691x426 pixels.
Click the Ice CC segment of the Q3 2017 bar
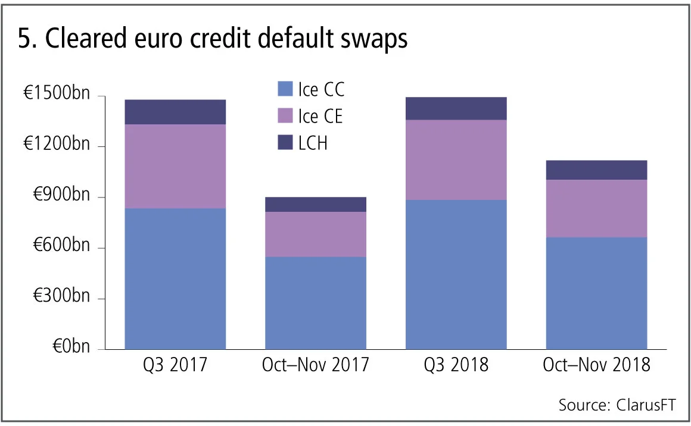175,278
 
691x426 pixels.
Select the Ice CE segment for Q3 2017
175,166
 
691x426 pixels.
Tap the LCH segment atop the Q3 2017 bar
175,112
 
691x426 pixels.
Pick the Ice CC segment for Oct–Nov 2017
316,303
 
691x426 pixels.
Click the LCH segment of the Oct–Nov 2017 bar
316,204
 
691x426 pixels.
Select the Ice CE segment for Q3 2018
456,159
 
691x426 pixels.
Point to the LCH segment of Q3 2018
456,108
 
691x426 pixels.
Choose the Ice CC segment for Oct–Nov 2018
597,293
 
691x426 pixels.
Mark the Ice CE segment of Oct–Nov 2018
597,208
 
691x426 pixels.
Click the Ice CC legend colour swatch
285,90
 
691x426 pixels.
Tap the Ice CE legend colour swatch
285,117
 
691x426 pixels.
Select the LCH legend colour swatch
285,143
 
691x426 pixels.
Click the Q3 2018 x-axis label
456,365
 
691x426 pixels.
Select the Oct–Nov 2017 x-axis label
316,365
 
